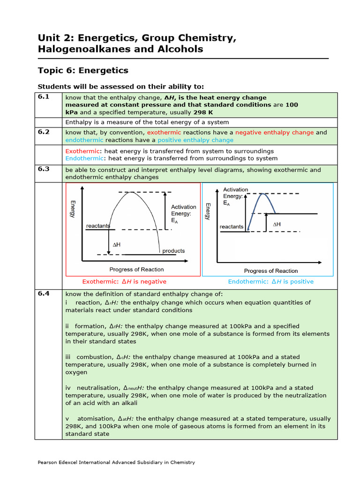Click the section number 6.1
click(44, 97)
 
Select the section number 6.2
click(44, 132)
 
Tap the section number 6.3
click(44, 169)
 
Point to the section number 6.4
click(44, 293)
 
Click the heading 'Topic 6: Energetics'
click(82, 70)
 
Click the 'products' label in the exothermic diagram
click(173, 251)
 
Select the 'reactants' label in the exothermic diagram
click(98, 226)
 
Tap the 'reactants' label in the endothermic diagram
click(232, 227)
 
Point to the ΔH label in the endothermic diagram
click(277, 225)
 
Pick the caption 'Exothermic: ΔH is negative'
click(124, 282)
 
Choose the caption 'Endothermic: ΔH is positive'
click(270, 282)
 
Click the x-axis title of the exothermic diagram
click(136, 270)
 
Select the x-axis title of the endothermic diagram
click(271, 271)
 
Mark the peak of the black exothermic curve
click(133, 192)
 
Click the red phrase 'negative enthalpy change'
click(274, 133)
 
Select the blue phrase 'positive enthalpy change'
click(195, 140)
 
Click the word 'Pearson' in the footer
click(48, 462)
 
